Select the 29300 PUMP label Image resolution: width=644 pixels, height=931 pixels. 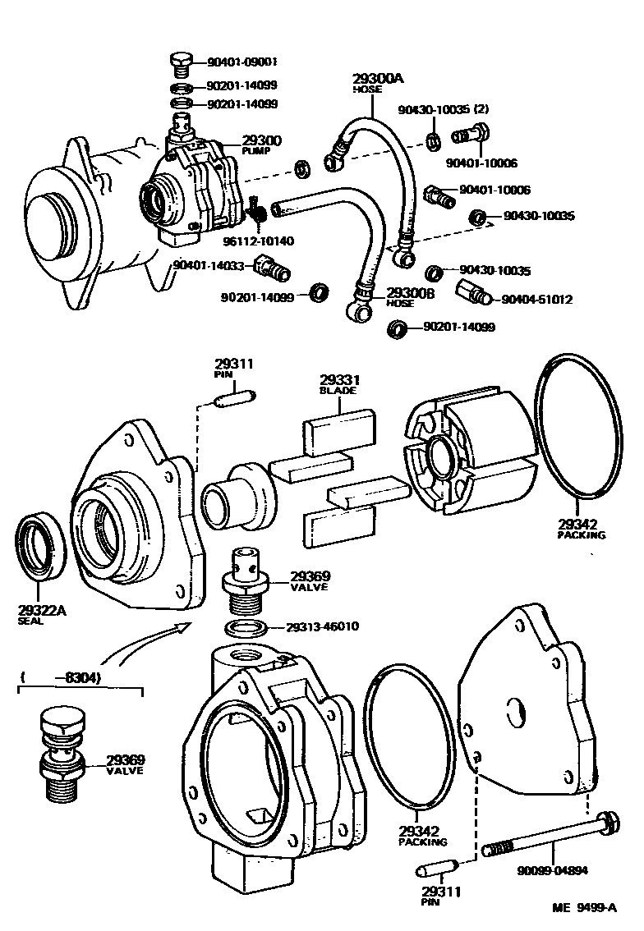pos(261,145)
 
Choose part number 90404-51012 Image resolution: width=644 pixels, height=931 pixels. pos(536,300)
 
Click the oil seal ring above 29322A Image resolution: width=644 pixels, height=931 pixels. pos(40,546)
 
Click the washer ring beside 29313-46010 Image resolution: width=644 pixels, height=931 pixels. pos(245,628)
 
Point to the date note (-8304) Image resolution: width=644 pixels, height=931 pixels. pos(62,678)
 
